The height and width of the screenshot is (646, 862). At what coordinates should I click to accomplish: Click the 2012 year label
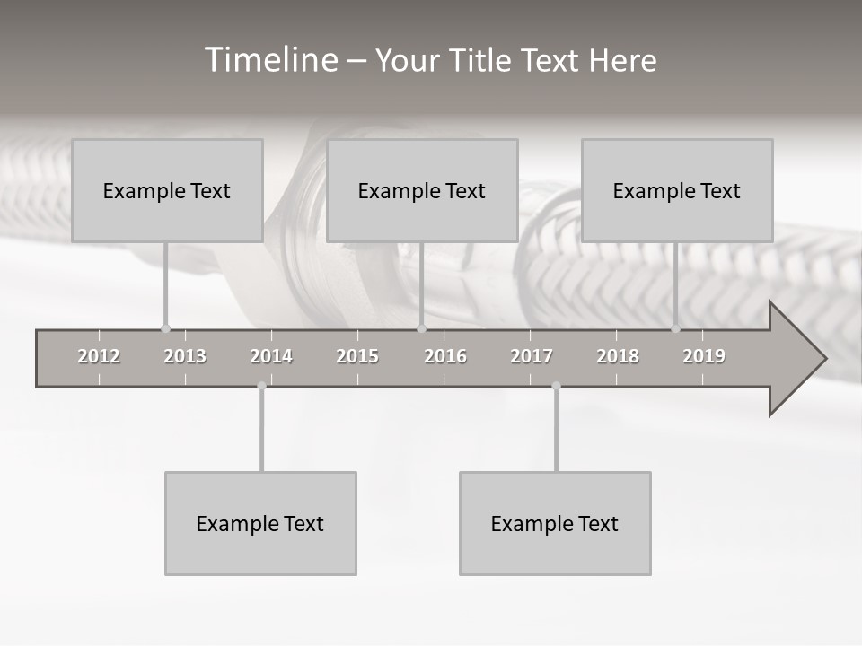tap(99, 356)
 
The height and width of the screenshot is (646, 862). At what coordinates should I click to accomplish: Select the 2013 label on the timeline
tap(185, 356)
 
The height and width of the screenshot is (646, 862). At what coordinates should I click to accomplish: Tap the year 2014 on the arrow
tap(271, 356)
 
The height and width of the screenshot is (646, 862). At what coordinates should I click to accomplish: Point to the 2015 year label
tap(357, 356)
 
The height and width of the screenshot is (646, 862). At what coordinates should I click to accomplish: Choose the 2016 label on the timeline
tap(445, 356)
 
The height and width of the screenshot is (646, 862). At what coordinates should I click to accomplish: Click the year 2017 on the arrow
tap(532, 356)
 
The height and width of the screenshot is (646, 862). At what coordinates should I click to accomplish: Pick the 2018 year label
tap(618, 356)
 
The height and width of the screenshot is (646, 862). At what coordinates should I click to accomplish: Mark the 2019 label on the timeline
tap(704, 356)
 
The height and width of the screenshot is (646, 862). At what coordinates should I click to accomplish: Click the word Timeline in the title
tap(270, 60)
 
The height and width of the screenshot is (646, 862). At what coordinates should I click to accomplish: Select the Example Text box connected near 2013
tap(167, 190)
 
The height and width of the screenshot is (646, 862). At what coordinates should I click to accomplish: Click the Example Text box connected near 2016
tap(422, 190)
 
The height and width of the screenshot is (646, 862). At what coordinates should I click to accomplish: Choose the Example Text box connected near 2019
tap(677, 190)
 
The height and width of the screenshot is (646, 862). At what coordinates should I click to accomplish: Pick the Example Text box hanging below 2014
tap(260, 523)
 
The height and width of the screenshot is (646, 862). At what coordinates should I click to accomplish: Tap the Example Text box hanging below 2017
tap(555, 523)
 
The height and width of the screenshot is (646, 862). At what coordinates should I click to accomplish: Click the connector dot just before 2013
tap(165, 328)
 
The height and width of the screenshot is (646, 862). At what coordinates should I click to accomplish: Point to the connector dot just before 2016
tap(421, 328)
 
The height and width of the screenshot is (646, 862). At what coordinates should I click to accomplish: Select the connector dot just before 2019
tap(675, 328)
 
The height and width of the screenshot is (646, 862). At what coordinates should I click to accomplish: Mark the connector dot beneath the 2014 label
tap(261, 386)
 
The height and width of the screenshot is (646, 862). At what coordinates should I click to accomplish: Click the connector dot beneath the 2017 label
tap(556, 386)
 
